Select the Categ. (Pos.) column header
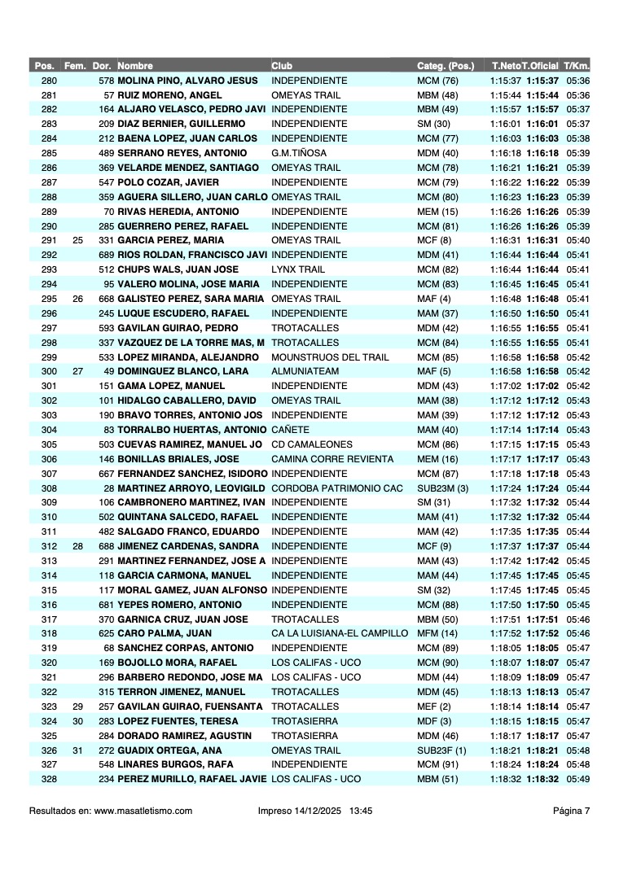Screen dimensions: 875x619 (x=446, y=66)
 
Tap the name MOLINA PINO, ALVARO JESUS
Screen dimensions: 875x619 (x=187, y=81)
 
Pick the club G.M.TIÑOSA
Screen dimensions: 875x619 (x=300, y=153)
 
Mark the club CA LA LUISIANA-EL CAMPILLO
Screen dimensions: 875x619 (x=339, y=633)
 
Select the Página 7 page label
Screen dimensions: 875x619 (x=571, y=810)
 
